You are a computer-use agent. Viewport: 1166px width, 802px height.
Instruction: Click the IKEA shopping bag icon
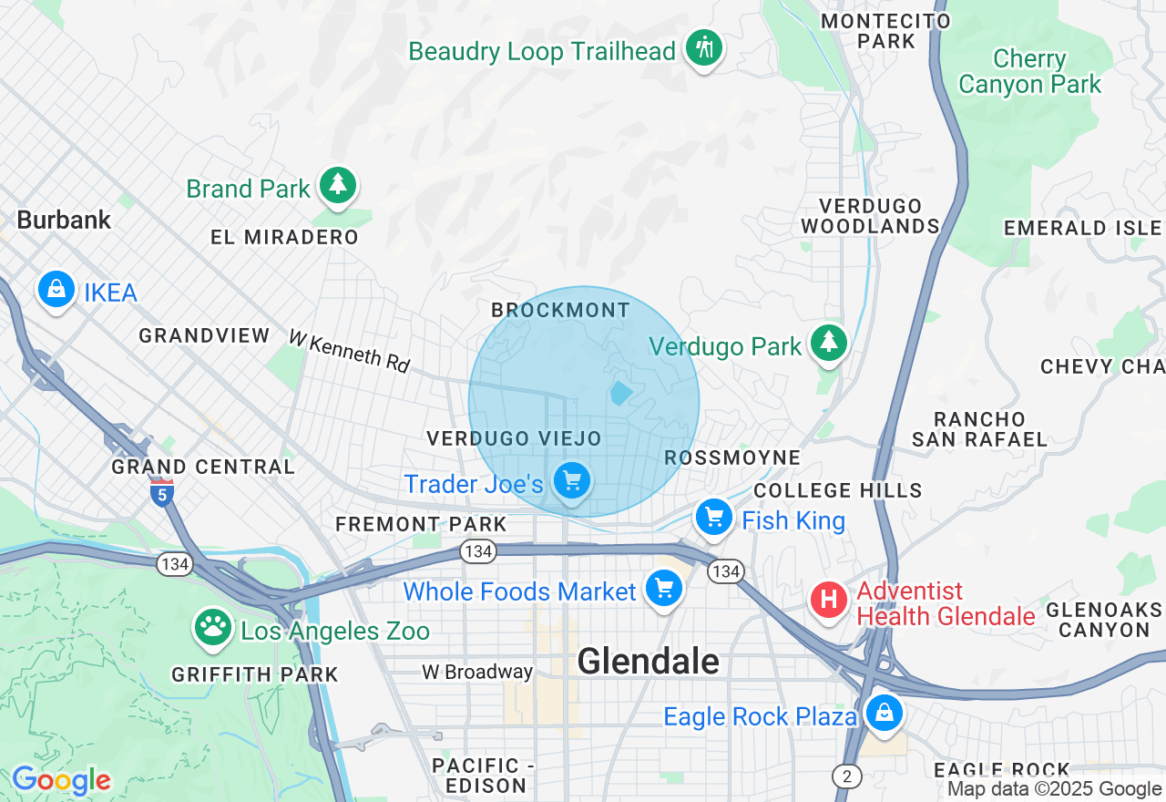[56, 290]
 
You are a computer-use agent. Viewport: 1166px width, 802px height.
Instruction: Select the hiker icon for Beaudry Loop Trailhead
[703, 47]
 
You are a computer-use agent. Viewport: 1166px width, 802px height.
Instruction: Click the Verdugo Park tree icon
[828, 343]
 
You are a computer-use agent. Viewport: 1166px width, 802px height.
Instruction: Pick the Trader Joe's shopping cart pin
[572, 480]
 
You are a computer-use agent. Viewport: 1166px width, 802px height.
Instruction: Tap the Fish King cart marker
[714, 518]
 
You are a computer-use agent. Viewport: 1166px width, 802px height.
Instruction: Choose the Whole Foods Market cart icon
[664, 588]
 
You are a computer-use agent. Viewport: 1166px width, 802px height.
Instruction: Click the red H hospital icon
[829, 601]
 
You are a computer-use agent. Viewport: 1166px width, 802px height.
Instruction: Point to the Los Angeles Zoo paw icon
[213, 627]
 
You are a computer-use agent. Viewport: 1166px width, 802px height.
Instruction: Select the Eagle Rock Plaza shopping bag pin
[884, 713]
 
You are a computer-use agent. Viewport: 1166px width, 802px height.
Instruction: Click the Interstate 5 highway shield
[161, 493]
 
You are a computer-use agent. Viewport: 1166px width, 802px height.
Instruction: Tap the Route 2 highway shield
[847, 776]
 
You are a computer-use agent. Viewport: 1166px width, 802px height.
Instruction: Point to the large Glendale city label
[648, 661]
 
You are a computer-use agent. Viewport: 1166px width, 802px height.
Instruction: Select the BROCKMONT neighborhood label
[560, 310]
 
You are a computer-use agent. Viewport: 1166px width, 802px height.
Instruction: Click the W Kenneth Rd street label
[350, 351]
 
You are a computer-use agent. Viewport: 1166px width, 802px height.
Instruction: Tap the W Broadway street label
[476, 672]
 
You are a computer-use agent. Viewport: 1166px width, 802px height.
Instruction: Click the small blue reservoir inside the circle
[621, 394]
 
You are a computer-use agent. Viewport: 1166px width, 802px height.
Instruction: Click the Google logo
[61, 780]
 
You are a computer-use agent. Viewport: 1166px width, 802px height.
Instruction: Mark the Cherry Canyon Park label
[1029, 72]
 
